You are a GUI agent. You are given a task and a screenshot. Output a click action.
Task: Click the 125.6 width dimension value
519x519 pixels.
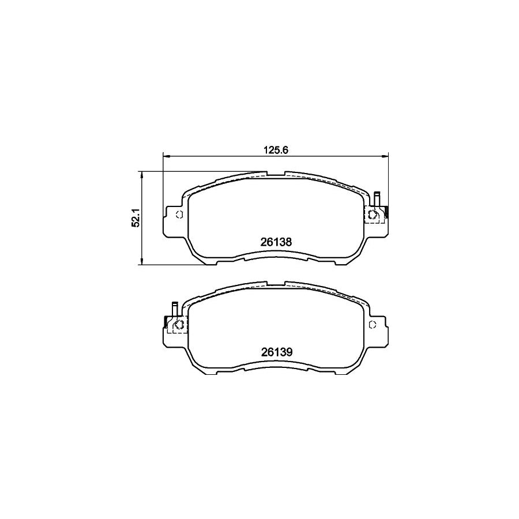pos(276,148)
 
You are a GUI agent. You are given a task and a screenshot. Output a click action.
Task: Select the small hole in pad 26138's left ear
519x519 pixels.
pos(179,215)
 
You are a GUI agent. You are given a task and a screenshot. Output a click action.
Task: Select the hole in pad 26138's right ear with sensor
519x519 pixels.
pos(373,215)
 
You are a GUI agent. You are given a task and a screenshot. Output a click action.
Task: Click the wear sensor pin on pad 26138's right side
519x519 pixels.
pos(377,198)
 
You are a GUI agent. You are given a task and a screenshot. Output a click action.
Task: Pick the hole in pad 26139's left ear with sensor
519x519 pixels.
pos(178,324)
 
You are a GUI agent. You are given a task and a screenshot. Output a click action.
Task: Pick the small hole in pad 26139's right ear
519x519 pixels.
pos(373,324)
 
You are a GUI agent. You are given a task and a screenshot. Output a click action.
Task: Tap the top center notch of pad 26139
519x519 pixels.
pos(276,284)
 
